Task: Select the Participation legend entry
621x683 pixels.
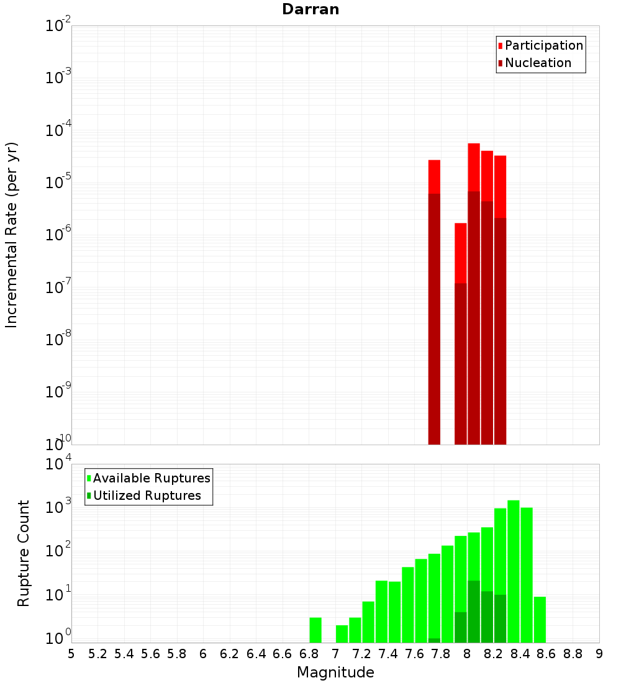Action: tap(540, 45)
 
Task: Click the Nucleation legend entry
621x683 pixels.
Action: tap(534, 63)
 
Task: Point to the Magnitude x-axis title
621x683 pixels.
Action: tap(335, 672)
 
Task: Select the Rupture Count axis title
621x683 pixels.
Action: tap(24, 553)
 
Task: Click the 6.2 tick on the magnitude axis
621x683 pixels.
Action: tap(230, 654)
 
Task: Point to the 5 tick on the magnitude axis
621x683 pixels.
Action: tap(71, 654)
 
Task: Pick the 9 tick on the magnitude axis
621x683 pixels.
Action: tap(599, 654)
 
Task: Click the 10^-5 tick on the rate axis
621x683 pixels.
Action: tap(58, 183)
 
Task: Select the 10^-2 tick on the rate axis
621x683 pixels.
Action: tap(58, 26)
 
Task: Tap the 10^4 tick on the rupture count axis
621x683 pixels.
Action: tap(58, 464)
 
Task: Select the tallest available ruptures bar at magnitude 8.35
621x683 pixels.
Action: tap(514, 571)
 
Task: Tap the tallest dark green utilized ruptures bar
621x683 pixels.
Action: tap(474, 612)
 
